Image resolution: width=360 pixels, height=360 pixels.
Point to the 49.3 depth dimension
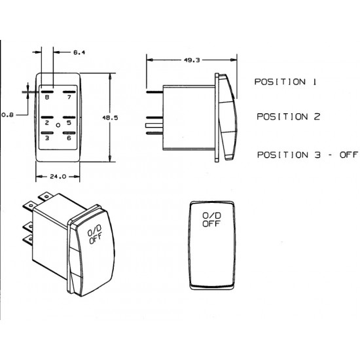coord(192,60)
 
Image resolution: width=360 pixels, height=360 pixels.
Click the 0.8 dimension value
coord(7,115)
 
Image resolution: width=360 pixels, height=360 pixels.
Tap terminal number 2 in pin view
coord(46,122)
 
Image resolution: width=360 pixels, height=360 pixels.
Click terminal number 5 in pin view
coord(69,122)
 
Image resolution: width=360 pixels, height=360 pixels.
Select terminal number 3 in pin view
coord(46,137)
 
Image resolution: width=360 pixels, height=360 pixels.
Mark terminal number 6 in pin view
coord(69,137)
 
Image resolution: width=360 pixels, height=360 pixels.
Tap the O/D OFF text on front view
coord(211,219)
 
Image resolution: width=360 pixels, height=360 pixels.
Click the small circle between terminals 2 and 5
coord(58,124)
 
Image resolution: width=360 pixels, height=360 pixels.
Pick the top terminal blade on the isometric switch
coord(48,194)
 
